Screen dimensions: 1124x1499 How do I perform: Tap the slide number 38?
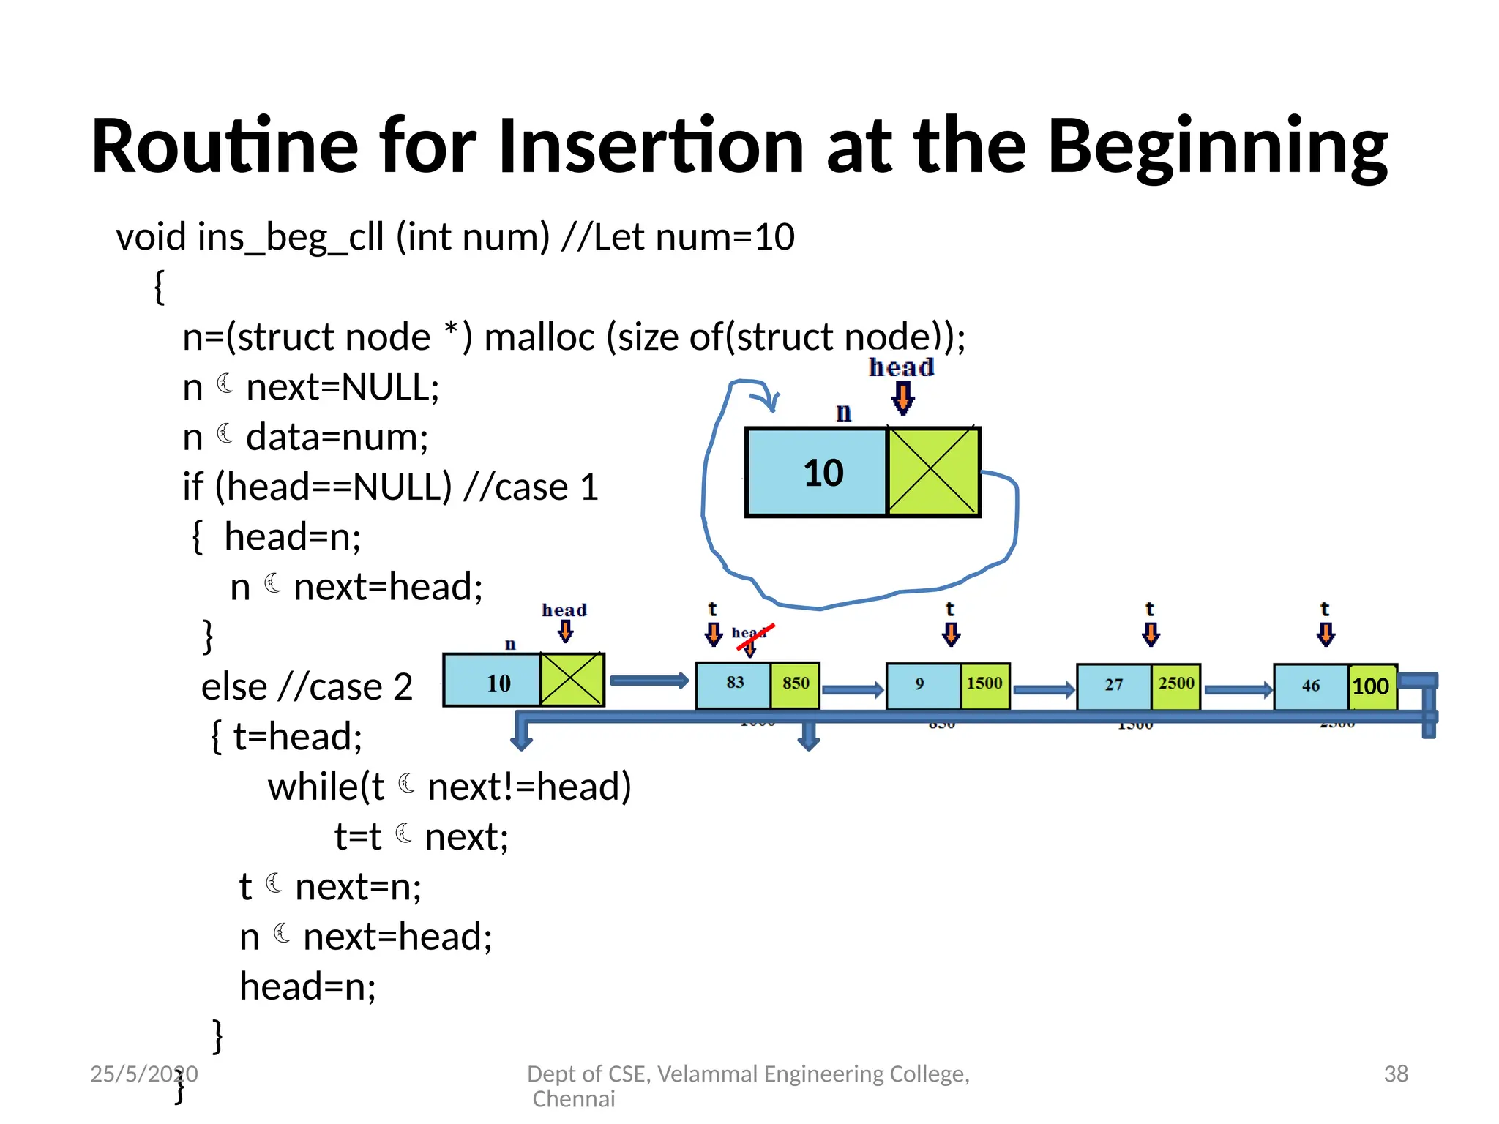coord(1396,1074)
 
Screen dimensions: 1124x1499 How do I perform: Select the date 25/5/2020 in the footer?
coord(143,1074)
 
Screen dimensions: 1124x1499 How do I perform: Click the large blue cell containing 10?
coord(817,473)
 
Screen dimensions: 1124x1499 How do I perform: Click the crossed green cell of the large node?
coord(932,473)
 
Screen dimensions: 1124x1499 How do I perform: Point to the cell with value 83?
coord(733,684)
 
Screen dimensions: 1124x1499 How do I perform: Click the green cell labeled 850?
coord(795,684)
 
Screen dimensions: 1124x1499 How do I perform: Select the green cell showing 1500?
coord(984,684)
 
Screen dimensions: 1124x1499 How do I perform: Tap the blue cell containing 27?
coord(1113,686)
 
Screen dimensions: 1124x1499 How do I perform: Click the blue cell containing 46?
coord(1310,686)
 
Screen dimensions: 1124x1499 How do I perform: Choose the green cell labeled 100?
coord(1371,686)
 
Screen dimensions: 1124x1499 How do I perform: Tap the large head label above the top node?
coord(901,367)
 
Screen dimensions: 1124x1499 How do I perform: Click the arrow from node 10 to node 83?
coord(648,681)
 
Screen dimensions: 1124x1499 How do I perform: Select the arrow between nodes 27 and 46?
coord(1237,689)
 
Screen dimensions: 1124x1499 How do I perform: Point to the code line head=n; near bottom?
coord(307,986)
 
